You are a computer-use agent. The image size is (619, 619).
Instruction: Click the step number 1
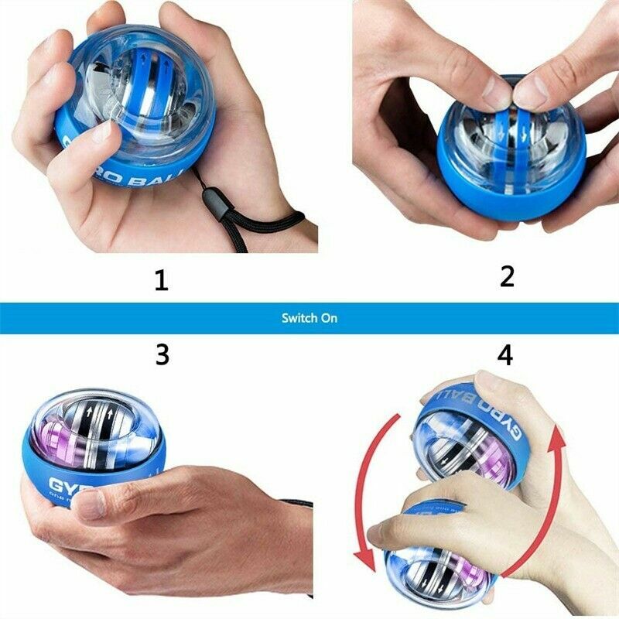161,279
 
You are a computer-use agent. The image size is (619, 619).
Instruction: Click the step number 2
507,276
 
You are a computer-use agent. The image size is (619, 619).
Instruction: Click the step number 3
162,354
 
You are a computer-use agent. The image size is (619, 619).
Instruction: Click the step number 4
504,354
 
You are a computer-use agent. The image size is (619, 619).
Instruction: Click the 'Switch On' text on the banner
309,318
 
